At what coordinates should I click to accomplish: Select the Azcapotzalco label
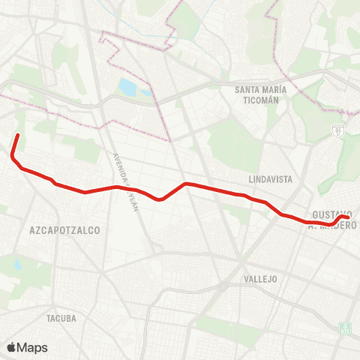64,230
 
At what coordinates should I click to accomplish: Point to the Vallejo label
261,278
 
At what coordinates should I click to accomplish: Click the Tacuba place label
61,318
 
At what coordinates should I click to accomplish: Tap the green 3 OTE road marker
345,328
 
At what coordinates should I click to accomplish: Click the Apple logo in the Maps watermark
12,347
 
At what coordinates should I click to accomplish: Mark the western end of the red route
17,135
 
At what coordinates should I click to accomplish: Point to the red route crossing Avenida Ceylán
120,187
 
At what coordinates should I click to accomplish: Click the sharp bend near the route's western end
12,157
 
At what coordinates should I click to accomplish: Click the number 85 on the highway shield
337,130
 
